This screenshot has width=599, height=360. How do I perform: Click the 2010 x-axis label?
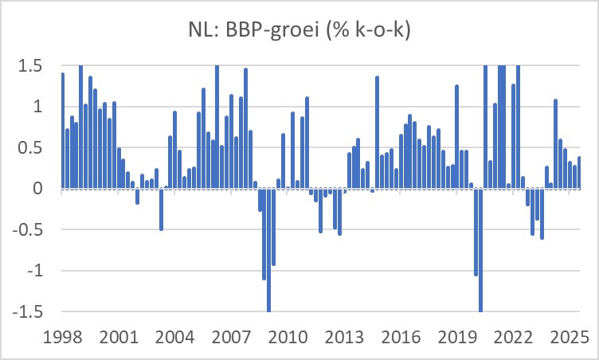click(288, 335)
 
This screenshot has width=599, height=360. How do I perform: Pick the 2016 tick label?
click(401, 335)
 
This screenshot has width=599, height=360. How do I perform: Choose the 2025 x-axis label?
click(570, 335)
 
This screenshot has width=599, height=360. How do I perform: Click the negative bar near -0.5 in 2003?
click(161, 209)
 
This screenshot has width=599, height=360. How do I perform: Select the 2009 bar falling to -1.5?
click(268, 250)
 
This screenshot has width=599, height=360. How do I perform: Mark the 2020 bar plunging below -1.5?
click(480, 250)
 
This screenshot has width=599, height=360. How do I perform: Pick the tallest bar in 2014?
click(377, 132)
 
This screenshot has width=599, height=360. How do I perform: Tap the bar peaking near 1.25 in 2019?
click(456, 137)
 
